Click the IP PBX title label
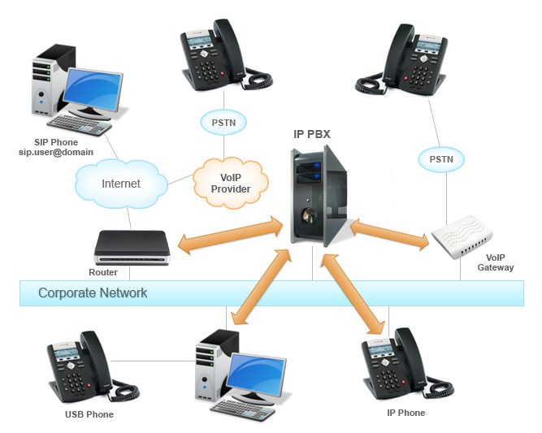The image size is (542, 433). (x=312, y=133)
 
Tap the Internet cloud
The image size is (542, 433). (x=120, y=184)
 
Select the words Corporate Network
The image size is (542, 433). (x=93, y=292)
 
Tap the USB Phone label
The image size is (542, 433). (x=88, y=414)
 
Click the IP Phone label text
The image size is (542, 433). (x=405, y=413)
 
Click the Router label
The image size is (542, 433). (x=103, y=273)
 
